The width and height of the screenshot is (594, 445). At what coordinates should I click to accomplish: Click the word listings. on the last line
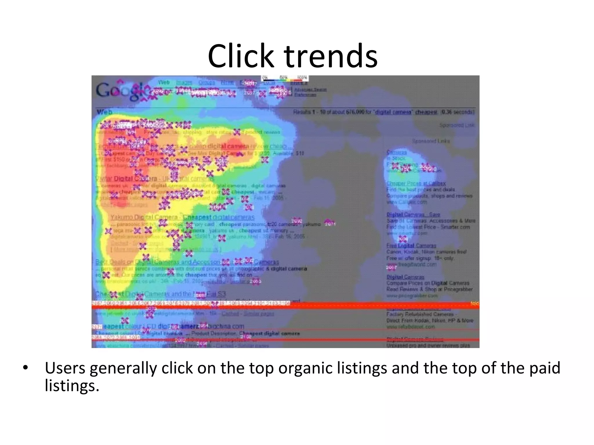click(x=72, y=386)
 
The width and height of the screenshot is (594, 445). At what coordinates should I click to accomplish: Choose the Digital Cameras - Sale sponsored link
click(x=413, y=214)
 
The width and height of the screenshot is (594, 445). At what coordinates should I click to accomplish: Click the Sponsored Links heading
click(x=431, y=141)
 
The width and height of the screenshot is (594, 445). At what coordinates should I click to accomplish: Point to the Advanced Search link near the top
click(x=310, y=90)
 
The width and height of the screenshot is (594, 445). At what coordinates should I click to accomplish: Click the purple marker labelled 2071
click(x=330, y=223)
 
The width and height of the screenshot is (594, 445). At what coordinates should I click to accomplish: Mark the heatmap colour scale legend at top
click(x=285, y=78)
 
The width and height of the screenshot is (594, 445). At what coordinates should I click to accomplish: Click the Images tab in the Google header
click(x=184, y=83)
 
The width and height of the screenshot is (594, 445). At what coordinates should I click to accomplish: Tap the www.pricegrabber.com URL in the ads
click(x=412, y=296)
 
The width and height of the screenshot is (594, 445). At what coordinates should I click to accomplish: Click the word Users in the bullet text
click(x=65, y=368)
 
